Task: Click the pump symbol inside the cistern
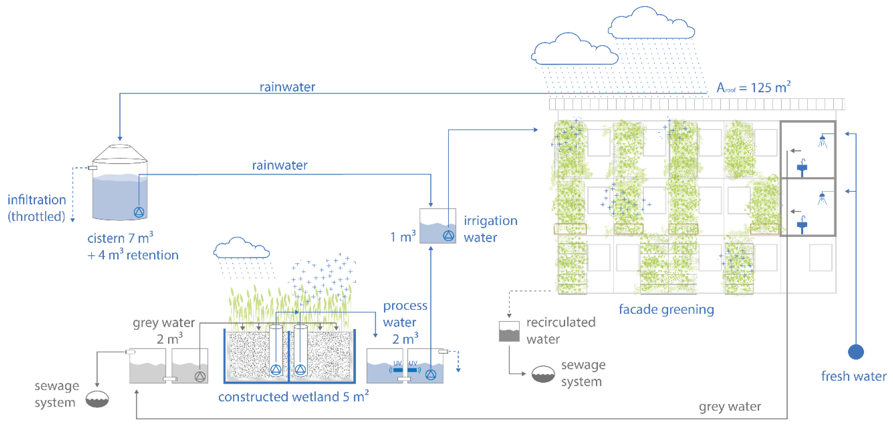point(139,212)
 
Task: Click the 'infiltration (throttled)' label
point(37,208)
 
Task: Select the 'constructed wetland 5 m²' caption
point(293,396)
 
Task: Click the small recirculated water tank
point(509,332)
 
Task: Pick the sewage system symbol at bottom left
point(97,399)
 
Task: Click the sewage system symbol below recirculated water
point(543,374)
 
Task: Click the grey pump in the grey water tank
point(200,376)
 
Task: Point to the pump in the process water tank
point(430,375)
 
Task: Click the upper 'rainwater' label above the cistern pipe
point(287,87)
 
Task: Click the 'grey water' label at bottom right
point(730,406)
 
